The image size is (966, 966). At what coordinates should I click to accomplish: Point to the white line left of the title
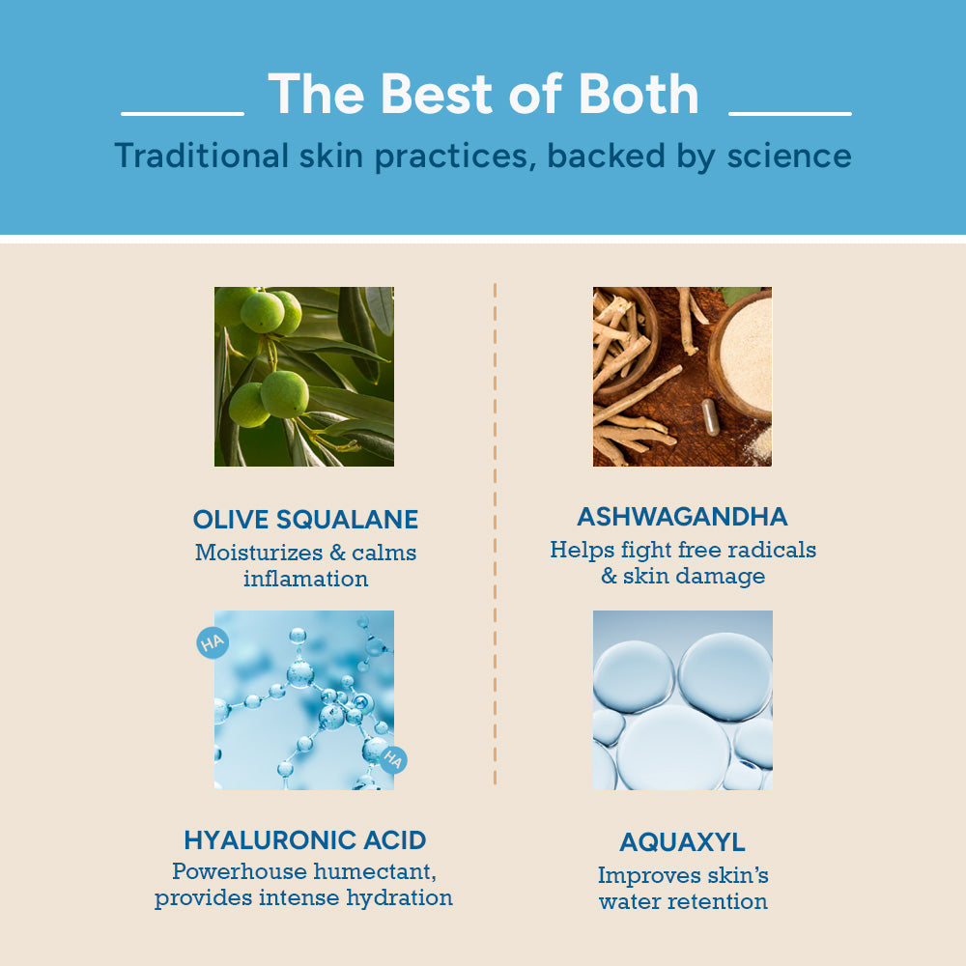click(183, 114)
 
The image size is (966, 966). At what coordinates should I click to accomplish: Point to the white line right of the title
click(789, 114)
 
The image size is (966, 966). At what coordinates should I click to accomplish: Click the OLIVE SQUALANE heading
click(305, 520)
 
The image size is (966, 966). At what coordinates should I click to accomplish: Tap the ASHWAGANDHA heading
click(682, 517)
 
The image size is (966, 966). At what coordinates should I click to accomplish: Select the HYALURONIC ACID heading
click(305, 839)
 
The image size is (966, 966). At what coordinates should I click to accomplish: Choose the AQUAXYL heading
click(682, 842)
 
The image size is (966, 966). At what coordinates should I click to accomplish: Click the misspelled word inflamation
click(305, 580)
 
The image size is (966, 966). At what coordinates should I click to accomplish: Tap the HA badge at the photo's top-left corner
click(212, 642)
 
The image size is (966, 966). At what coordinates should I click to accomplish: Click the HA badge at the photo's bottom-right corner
click(392, 759)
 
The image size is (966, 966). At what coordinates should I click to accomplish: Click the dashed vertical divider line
click(495, 531)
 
